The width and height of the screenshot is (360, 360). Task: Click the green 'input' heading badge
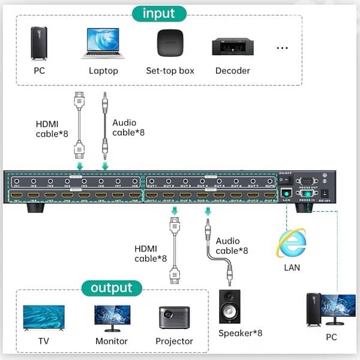point(159,13)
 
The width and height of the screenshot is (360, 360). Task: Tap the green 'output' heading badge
point(112,288)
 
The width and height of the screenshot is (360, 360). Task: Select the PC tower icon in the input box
point(39,43)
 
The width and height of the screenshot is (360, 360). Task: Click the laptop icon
point(104,43)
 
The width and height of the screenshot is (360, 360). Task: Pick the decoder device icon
point(232,46)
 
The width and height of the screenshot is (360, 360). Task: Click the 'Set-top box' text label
point(170,71)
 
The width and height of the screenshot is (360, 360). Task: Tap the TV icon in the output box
point(43,317)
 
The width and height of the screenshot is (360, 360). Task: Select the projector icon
point(175,317)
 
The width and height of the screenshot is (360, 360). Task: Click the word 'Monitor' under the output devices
point(111,341)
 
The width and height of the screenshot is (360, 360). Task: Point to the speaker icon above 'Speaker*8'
point(229,306)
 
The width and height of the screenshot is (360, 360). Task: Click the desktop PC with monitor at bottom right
point(331,309)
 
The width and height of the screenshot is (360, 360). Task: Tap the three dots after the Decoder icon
point(282,46)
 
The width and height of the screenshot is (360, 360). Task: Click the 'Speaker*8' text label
point(240,333)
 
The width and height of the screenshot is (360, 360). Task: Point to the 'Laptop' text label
point(103,71)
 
